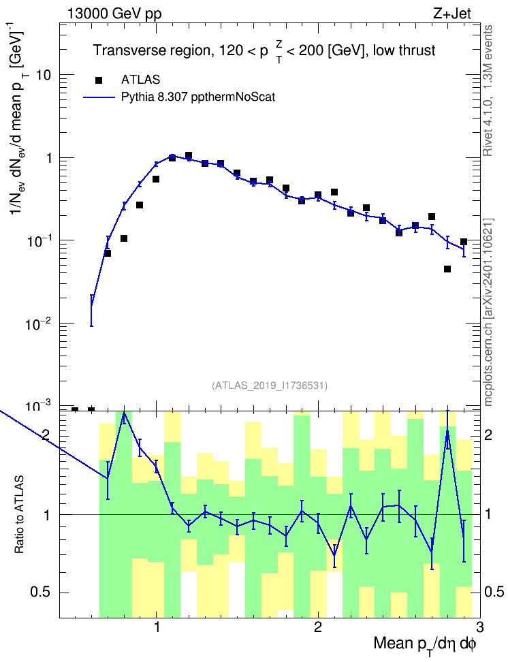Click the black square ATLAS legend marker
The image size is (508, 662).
pyautogui.click(x=99, y=80)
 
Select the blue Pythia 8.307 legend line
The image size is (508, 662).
pyautogui.click(x=99, y=97)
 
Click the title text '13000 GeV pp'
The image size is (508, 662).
pyautogui.click(x=114, y=14)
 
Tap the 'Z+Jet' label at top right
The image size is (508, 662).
pyautogui.click(x=452, y=14)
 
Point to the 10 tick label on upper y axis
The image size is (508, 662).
pyautogui.click(x=43, y=75)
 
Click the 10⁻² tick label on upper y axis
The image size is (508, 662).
pyautogui.click(x=38, y=323)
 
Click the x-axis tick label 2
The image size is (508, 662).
pyautogui.click(x=318, y=627)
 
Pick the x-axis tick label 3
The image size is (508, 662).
pyautogui.click(x=479, y=627)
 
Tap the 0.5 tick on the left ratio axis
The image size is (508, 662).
pyautogui.click(x=40, y=593)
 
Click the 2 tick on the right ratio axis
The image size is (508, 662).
pyautogui.click(x=488, y=435)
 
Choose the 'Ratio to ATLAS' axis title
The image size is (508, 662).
pyautogui.click(x=19, y=515)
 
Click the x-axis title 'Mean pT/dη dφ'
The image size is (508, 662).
pyautogui.click(x=425, y=644)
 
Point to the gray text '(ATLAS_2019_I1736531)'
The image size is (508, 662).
pyautogui.click(x=270, y=385)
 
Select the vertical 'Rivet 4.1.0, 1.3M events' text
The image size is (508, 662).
pyautogui.click(x=488, y=91)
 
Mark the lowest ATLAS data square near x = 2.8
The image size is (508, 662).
pyautogui.click(x=447, y=269)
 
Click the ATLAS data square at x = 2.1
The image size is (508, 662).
pyautogui.click(x=334, y=192)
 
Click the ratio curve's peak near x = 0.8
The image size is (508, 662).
pyautogui.click(x=124, y=412)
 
